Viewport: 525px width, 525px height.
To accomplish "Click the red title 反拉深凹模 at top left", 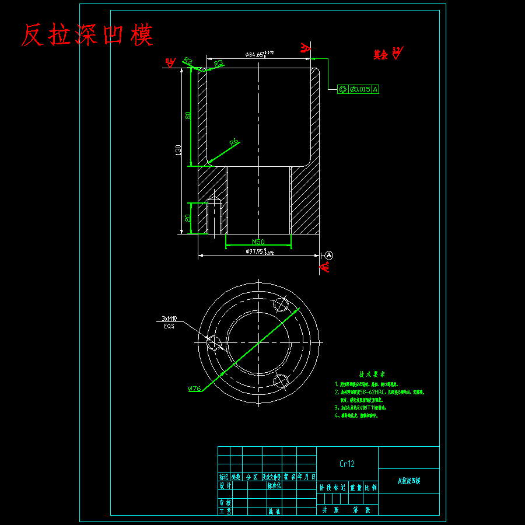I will pos(87,36).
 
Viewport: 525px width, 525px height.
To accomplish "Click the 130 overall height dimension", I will pos(178,149).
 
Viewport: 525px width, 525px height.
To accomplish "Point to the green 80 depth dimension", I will pos(188,115).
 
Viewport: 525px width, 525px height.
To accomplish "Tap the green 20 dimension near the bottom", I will pos(188,218).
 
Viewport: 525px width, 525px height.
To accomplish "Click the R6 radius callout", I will pos(234,142).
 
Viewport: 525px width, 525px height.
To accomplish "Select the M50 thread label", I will pos(258,242).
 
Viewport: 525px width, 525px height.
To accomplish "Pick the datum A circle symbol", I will pos(328,255).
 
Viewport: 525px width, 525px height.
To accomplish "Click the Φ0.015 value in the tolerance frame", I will pos(359,89).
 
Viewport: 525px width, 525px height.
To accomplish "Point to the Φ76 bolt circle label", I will pos(195,388).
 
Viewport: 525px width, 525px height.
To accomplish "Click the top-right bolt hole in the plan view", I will pos(282,304).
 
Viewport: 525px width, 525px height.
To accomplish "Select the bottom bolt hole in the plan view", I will pos(281,381).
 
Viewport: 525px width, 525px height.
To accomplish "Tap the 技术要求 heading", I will pos(372,374).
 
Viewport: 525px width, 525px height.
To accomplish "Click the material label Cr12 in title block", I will pos(347,464).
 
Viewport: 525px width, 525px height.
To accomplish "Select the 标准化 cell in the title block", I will pos(274,485).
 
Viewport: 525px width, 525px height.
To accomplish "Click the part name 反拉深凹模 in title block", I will pos(409,481).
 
